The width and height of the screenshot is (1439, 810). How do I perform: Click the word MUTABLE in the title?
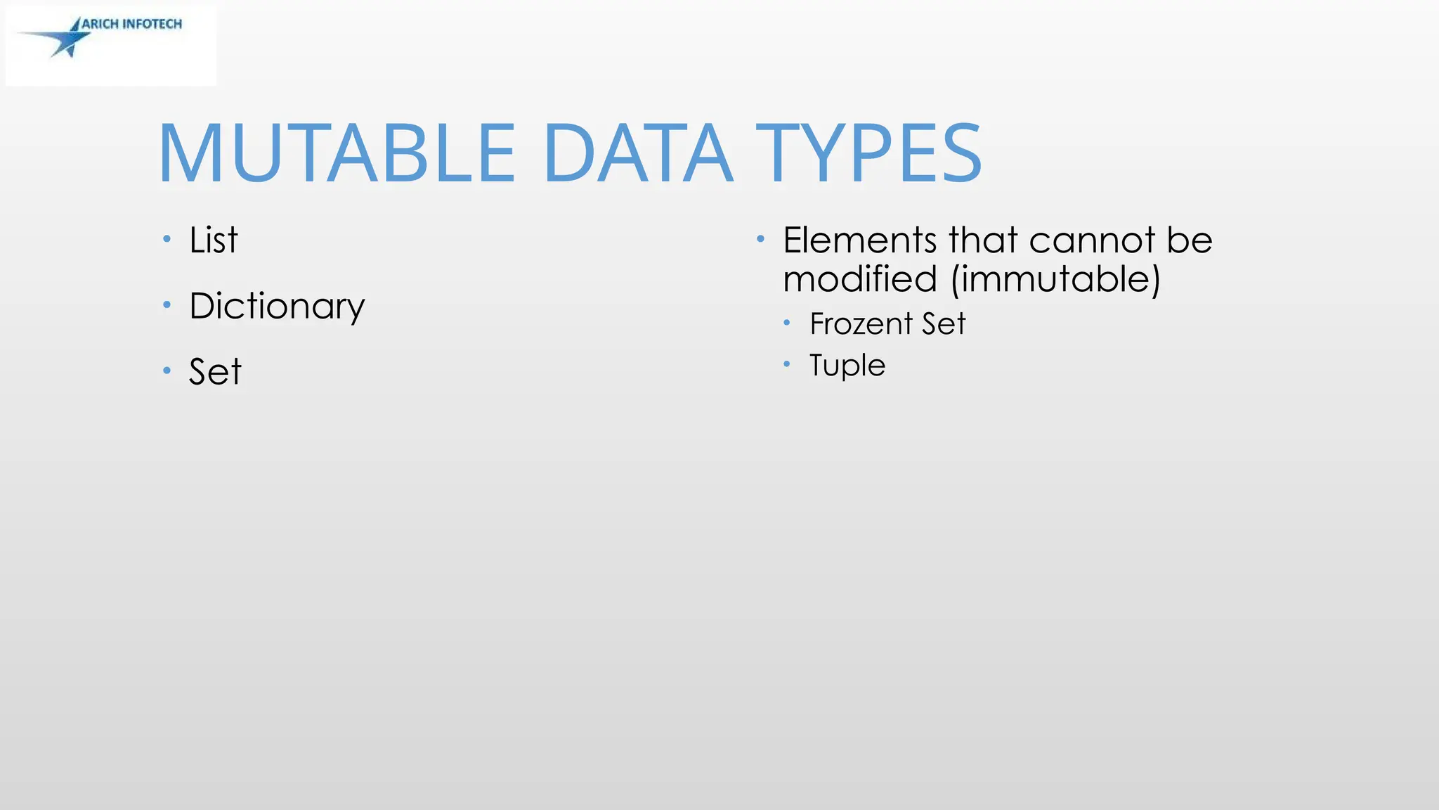point(337,153)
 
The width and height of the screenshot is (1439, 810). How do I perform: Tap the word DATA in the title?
point(638,153)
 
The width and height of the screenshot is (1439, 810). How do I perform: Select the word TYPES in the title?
point(868,153)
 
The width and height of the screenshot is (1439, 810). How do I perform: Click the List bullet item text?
point(214,240)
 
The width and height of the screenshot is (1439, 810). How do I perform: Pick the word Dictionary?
point(277,307)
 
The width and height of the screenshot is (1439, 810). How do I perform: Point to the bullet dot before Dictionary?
point(167,304)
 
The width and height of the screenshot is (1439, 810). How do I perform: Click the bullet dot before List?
point(167,239)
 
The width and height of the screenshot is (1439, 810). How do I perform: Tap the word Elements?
point(860,240)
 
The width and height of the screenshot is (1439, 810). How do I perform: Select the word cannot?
point(1093,240)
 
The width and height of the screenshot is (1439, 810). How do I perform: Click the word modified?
point(860,279)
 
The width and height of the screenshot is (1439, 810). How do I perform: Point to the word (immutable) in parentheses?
point(1055,279)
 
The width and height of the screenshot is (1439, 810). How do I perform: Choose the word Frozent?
point(861,324)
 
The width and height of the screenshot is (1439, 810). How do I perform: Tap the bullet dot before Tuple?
point(787,364)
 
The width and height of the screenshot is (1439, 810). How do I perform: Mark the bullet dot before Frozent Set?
point(787,323)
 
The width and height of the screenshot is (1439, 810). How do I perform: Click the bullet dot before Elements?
point(760,239)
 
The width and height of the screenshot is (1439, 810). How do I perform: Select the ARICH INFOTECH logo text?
point(132,24)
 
